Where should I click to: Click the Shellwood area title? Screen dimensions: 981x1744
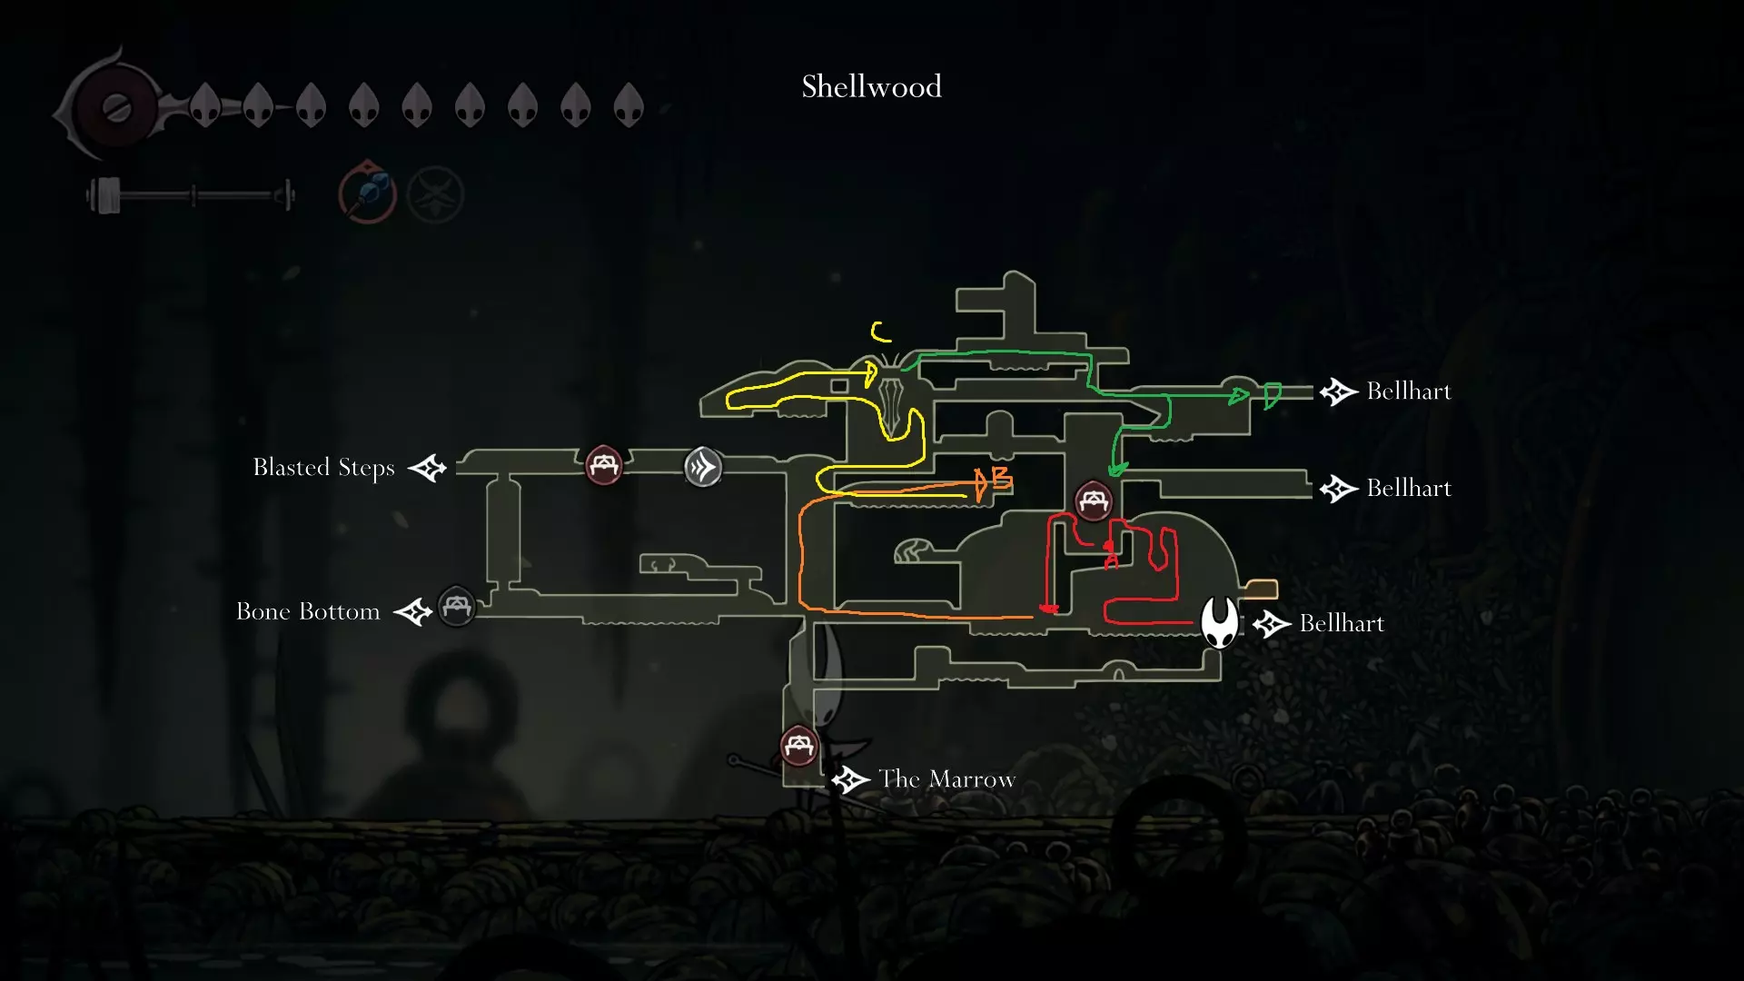(x=871, y=87)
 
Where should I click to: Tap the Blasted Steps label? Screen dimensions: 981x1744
(x=323, y=468)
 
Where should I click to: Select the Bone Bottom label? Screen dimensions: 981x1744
(x=308, y=611)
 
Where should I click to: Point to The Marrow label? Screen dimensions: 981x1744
(x=946, y=779)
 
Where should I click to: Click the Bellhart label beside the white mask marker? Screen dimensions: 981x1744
(x=1342, y=623)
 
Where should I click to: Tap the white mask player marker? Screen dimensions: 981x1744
(x=1219, y=622)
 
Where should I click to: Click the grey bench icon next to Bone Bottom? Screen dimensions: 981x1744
(x=457, y=606)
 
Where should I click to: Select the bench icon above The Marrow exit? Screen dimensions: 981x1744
(x=799, y=747)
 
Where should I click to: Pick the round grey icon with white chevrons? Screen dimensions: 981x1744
(x=702, y=468)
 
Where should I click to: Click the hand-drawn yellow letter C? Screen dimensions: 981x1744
(x=879, y=332)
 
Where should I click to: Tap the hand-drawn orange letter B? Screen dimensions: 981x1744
(x=1001, y=478)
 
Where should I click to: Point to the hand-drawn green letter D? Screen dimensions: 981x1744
(x=1272, y=395)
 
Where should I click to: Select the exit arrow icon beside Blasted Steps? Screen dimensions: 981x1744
(x=428, y=468)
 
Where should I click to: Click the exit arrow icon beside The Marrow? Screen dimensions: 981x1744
(x=851, y=779)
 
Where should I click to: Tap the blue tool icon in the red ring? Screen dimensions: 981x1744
(x=368, y=193)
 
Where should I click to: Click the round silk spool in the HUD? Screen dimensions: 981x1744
(x=116, y=108)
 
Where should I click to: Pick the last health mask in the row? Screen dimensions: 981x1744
(x=629, y=105)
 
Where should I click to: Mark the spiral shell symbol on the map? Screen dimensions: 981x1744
(x=913, y=551)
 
